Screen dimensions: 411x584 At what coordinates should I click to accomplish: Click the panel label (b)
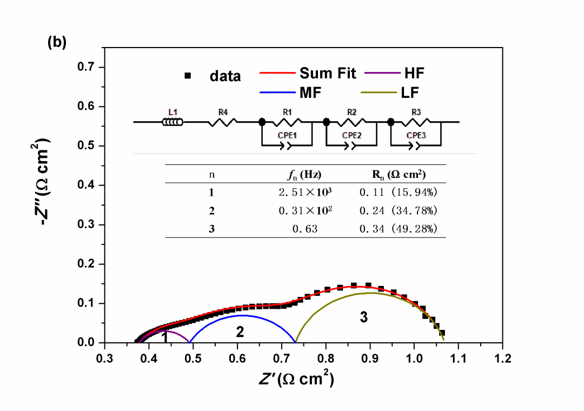point(57,43)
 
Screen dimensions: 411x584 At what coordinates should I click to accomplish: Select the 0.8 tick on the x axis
point(326,359)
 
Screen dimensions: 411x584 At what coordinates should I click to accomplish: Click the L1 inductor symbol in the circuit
point(173,122)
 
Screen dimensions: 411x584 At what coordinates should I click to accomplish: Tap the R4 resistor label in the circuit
point(223,112)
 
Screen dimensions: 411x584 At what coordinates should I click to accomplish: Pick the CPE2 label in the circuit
point(351,135)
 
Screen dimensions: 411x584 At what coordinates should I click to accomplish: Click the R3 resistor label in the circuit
point(416,112)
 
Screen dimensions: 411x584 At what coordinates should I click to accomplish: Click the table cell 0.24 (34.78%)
point(398,210)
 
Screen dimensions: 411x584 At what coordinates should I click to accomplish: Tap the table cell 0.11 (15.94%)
point(398,191)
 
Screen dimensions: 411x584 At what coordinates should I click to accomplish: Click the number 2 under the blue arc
point(240,333)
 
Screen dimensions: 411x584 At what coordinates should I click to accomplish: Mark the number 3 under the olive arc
point(364,317)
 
